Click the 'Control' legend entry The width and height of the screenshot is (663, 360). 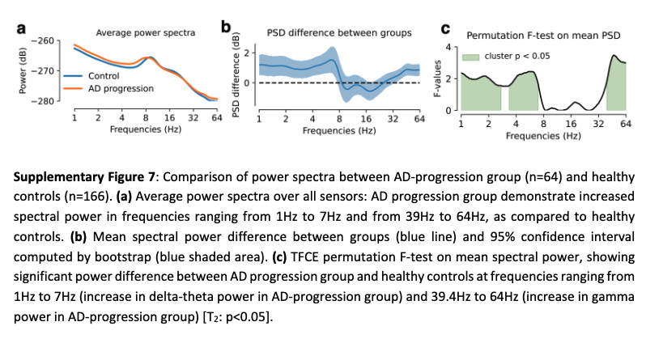tap(103, 76)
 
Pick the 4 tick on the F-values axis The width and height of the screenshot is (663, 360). tap(453, 47)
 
